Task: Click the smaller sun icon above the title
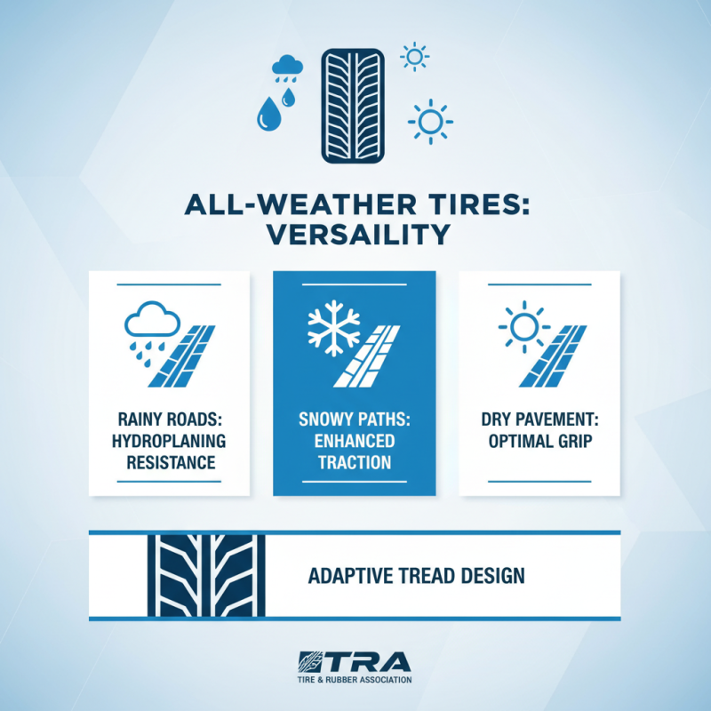point(414,57)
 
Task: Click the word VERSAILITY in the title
point(355,237)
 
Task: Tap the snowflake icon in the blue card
point(330,330)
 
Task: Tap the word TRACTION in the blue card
point(354,462)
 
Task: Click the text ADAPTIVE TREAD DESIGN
point(416,576)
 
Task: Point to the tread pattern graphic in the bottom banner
point(205,575)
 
